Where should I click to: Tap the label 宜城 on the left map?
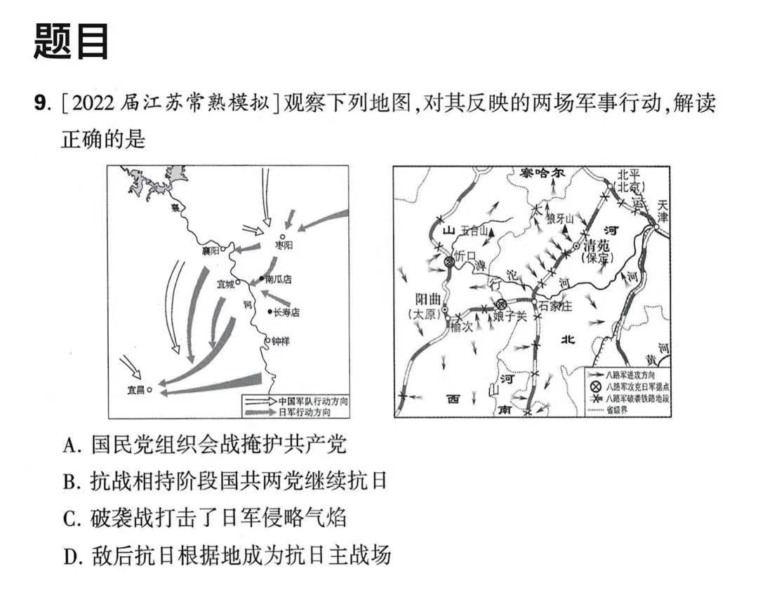(226, 283)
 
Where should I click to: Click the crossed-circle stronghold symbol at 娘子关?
(500, 305)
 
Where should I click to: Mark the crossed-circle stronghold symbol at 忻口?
(450, 262)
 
